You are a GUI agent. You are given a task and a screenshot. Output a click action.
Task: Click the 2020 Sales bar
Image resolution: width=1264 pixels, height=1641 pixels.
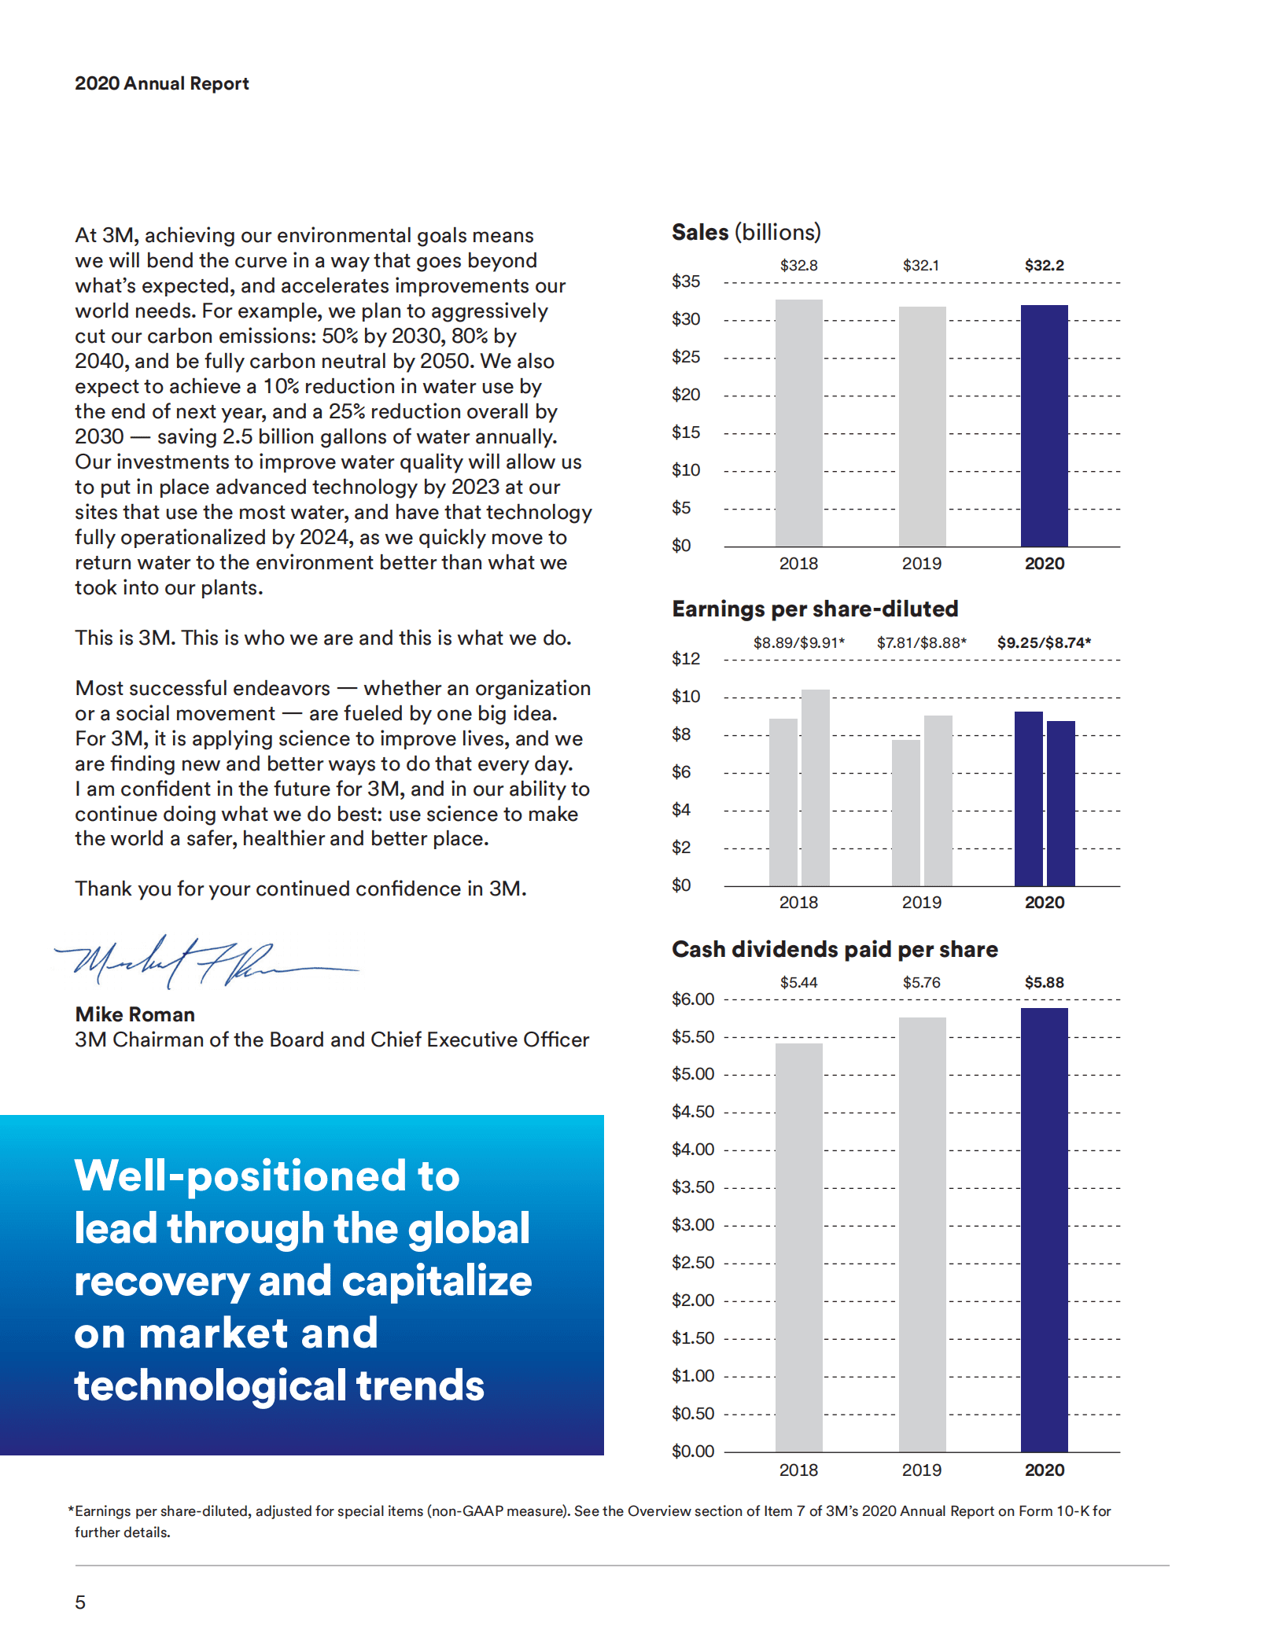click(x=1044, y=425)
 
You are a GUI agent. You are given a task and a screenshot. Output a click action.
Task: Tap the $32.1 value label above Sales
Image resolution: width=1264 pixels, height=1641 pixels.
click(x=920, y=266)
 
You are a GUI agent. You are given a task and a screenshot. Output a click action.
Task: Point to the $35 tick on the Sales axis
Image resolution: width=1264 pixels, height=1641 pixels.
click(x=685, y=281)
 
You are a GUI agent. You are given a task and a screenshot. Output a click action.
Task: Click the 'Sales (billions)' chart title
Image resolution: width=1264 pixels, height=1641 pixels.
click(x=746, y=233)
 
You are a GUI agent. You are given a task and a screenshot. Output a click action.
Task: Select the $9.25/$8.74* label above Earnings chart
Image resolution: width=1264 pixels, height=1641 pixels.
click(x=1044, y=642)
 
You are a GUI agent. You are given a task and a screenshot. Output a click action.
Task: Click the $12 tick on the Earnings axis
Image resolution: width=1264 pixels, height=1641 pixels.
click(x=685, y=659)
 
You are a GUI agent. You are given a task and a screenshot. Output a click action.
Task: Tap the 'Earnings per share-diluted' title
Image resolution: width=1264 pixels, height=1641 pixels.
click(x=815, y=609)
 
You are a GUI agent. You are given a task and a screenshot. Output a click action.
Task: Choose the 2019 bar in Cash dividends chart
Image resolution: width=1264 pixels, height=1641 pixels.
click(x=922, y=1234)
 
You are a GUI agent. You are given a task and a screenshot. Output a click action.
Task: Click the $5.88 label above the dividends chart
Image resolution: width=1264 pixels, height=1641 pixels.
click(x=1044, y=983)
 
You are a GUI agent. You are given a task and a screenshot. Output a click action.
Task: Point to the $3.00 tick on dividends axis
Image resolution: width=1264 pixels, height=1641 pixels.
click(x=692, y=1225)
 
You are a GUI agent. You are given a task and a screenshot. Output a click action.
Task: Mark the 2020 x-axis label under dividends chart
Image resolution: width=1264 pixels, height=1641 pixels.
click(x=1044, y=1470)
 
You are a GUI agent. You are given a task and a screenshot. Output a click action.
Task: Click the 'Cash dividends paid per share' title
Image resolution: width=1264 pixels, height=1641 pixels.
click(x=835, y=950)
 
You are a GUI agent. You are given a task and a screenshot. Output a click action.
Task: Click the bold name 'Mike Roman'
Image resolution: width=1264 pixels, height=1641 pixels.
click(x=135, y=1014)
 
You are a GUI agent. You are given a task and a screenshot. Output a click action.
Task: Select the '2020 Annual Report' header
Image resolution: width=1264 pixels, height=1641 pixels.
click(x=161, y=83)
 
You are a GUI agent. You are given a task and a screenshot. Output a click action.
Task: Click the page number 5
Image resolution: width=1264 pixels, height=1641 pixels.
click(x=80, y=1602)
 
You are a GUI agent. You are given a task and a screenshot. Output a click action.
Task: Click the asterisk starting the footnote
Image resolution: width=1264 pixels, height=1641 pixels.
click(x=71, y=1510)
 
